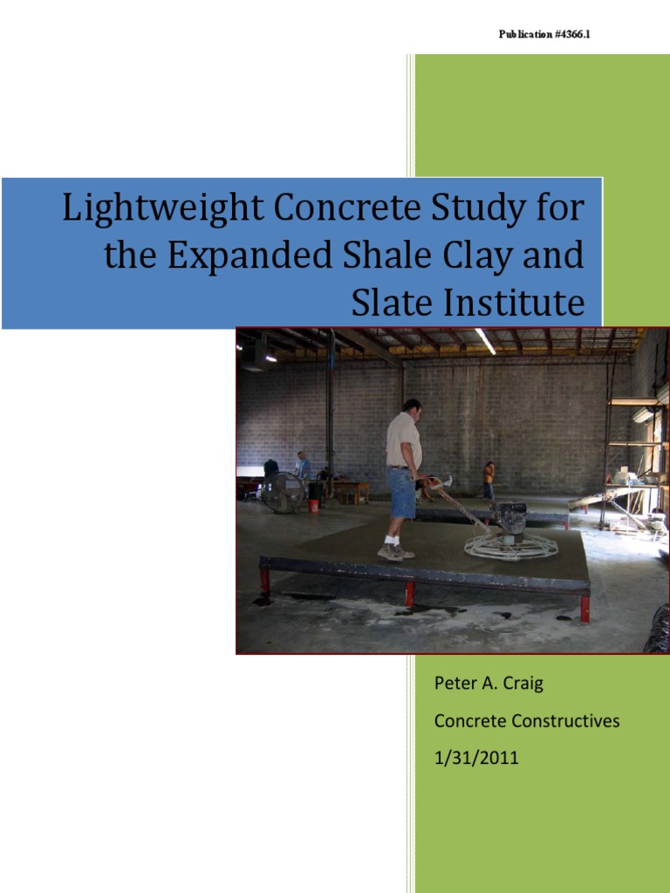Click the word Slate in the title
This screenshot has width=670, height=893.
click(x=385, y=303)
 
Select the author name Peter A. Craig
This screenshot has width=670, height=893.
click(x=489, y=684)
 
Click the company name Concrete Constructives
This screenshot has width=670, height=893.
click(x=527, y=721)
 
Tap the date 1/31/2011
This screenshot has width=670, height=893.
click(x=476, y=758)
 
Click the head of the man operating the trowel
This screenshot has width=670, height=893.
click(x=413, y=406)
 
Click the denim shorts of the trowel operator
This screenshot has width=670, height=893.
click(x=402, y=494)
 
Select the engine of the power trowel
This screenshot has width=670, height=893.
click(x=508, y=517)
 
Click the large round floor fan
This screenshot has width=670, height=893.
click(x=282, y=492)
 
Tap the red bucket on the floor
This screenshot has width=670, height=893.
click(x=313, y=505)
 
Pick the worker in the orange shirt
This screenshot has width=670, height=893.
click(x=489, y=477)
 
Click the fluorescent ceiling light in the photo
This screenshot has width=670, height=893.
click(x=485, y=341)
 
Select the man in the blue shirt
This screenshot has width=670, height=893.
click(x=302, y=467)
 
